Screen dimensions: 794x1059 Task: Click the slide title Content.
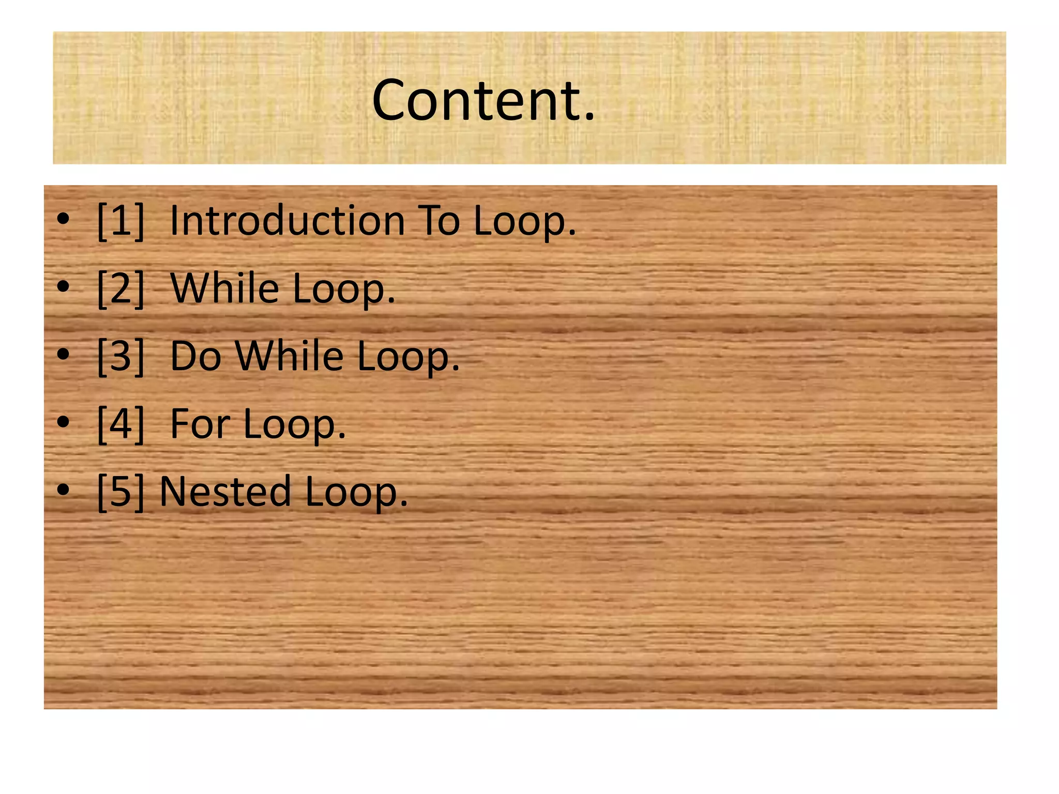pos(483,100)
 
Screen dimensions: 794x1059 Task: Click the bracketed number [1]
pos(120,221)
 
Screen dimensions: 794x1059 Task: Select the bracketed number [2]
pos(120,289)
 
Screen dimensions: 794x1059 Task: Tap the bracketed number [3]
pos(120,357)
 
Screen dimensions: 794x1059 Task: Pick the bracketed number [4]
pos(120,424)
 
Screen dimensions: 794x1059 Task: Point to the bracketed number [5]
pos(120,492)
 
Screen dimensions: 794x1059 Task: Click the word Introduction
pos(287,221)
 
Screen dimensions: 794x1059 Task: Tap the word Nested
pos(225,492)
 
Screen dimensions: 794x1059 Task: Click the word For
pos(200,424)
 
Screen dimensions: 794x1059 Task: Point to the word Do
pos(196,357)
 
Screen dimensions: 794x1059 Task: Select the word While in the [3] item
pos(290,357)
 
